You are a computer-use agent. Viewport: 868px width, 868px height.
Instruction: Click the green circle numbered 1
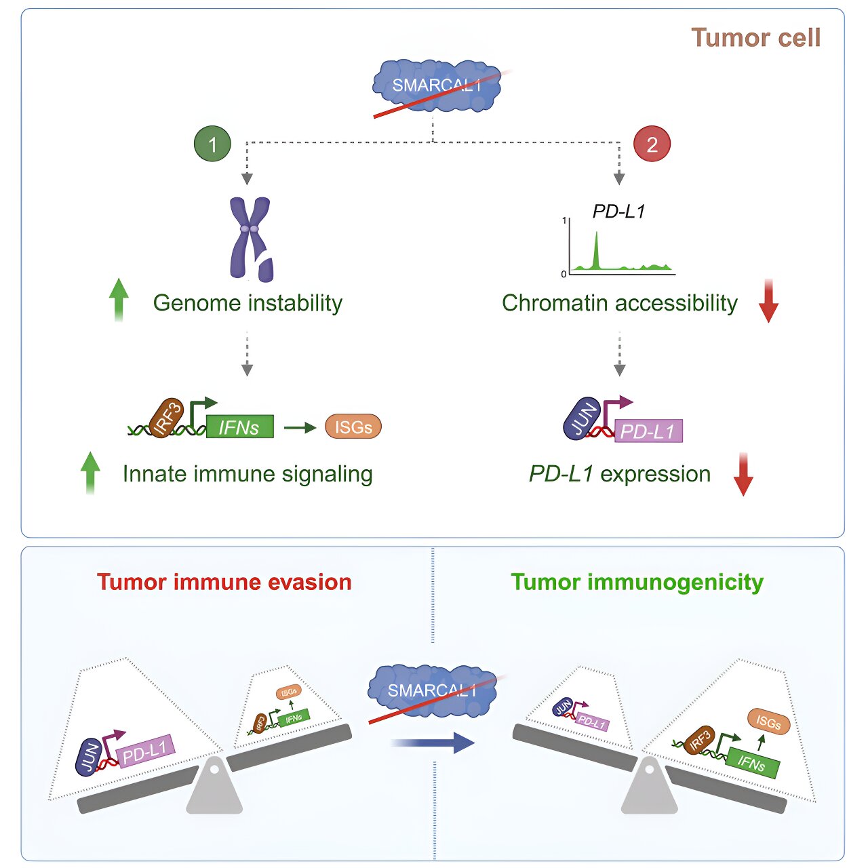click(212, 144)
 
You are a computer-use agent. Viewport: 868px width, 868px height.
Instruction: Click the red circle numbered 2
click(652, 144)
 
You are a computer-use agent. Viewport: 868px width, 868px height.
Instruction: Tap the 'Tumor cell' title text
click(755, 37)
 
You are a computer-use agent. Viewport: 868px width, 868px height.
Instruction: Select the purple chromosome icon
click(252, 239)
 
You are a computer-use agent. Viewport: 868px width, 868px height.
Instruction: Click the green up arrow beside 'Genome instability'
click(119, 300)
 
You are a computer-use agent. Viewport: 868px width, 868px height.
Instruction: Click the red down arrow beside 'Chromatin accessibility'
click(768, 300)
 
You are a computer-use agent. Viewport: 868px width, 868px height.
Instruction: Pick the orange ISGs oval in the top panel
click(353, 427)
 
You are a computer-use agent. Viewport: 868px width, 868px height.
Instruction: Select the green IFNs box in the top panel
click(239, 427)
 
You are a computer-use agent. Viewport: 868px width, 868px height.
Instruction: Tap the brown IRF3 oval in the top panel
click(166, 418)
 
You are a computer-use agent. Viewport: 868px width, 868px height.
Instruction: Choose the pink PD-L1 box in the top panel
click(648, 431)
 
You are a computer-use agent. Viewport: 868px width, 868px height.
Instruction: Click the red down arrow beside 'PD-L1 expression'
click(743, 474)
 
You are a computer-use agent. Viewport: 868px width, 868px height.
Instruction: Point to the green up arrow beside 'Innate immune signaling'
click(90, 473)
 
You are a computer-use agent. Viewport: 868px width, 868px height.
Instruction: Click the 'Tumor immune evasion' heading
click(224, 582)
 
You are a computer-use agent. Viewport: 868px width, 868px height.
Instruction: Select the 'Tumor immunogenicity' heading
click(637, 582)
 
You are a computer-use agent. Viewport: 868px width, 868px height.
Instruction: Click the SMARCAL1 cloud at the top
click(436, 85)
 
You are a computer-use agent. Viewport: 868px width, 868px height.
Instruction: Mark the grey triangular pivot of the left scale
click(214, 785)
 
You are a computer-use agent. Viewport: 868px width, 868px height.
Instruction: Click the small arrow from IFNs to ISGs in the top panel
click(300, 427)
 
